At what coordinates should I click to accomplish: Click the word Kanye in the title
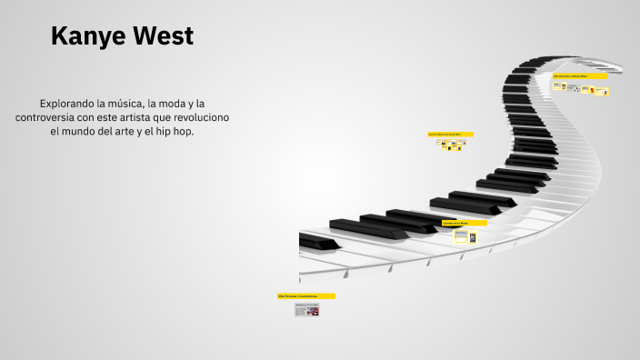pyautogui.click(x=88, y=36)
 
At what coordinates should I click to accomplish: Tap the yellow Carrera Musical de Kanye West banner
pyautogui.click(x=450, y=134)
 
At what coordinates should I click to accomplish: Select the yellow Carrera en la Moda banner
pyautogui.click(x=464, y=223)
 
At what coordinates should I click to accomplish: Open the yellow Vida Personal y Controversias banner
pyautogui.click(x=305, y=296)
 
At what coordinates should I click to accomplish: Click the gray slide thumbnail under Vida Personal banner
pyautogui.click(x=306, y=311)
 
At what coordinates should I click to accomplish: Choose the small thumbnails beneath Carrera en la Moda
pyautogui.click(x=465, y=236)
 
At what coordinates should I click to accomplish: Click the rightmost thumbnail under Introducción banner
pyautogui.click(x=602, y=91)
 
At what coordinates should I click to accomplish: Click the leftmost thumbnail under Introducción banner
pyautogui.click(x=557, y=86)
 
